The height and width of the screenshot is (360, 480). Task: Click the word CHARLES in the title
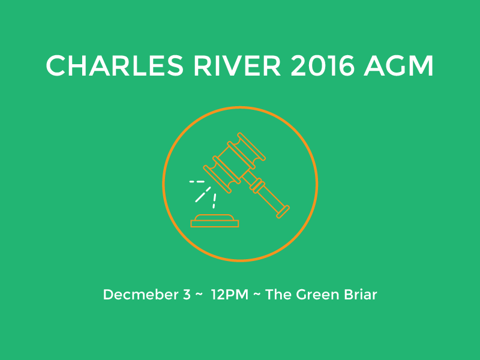pyautogui.click(x=115, y=66)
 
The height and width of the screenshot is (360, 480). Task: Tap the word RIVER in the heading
pyautogui.click(x=237, y=66)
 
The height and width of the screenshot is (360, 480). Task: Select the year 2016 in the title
pyautogui.click(x=322, y=66)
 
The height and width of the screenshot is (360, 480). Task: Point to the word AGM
pyautogui.click(x=398, y=66)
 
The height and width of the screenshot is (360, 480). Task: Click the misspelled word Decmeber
pyautogui.click(x=141, y=295)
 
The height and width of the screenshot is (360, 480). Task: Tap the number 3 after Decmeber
pyautogui.click(x=187, y=295)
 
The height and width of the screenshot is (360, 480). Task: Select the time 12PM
pyautogui.click(x=230, y=295)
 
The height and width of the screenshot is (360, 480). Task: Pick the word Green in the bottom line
pyautogui.click(x=318, y=295)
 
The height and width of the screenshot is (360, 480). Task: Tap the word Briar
pyautogui.click(x=361, y=295)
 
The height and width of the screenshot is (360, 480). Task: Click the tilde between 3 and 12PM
pyautogui.click(x=199, y=295)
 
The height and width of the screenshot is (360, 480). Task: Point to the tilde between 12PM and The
pyautogui.click(x=257, y=295)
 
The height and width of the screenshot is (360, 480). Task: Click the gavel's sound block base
pyautogui.click(x=215, y=221)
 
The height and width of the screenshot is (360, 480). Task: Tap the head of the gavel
pyautogui.click(x=235, y=163)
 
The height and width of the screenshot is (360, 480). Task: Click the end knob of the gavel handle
pyautogui.click(x=283, y=212)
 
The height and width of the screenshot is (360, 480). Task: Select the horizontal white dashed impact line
pyautogui.click(x=197, y=182)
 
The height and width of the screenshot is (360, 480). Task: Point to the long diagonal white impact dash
pyautogui.click(x=203, y=194)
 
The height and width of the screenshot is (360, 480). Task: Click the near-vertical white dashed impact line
pyautogui.click(x=214, y=201)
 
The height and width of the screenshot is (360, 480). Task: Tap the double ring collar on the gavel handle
pyautogui.click(x=257, y=186)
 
